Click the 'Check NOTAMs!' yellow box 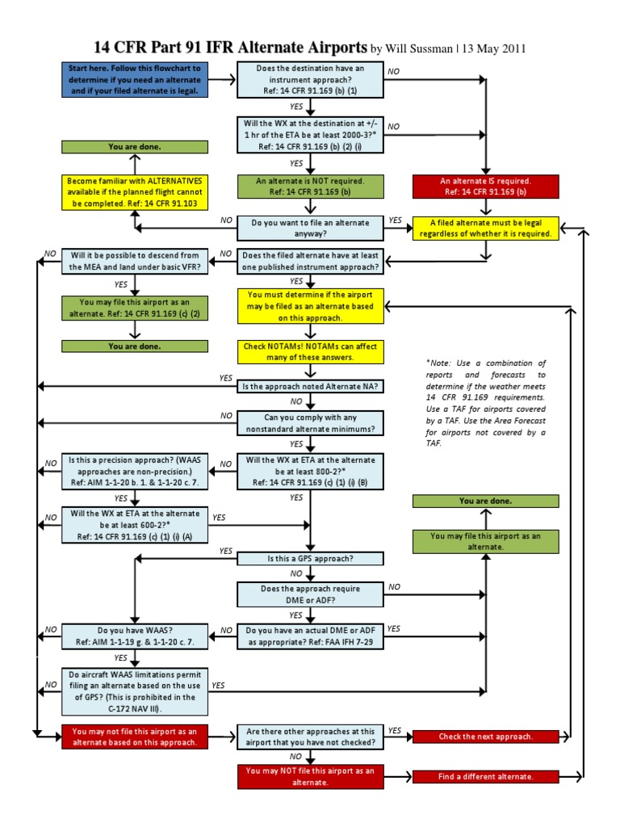click(310, 351)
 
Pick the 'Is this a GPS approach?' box click(310, 558)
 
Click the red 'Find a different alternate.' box click(485, 776)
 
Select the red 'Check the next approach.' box click(485, 737)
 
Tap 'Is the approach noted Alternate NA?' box click(310, 387)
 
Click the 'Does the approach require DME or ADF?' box click(310, 595)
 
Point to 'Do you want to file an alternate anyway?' click(310, 228)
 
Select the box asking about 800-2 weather click(310, 471)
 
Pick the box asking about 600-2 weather click(135, 525)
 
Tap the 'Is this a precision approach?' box click(135, 471)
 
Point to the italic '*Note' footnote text click(485, 403)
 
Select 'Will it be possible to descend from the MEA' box click(135, 262)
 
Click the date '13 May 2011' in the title click(493, 48)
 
